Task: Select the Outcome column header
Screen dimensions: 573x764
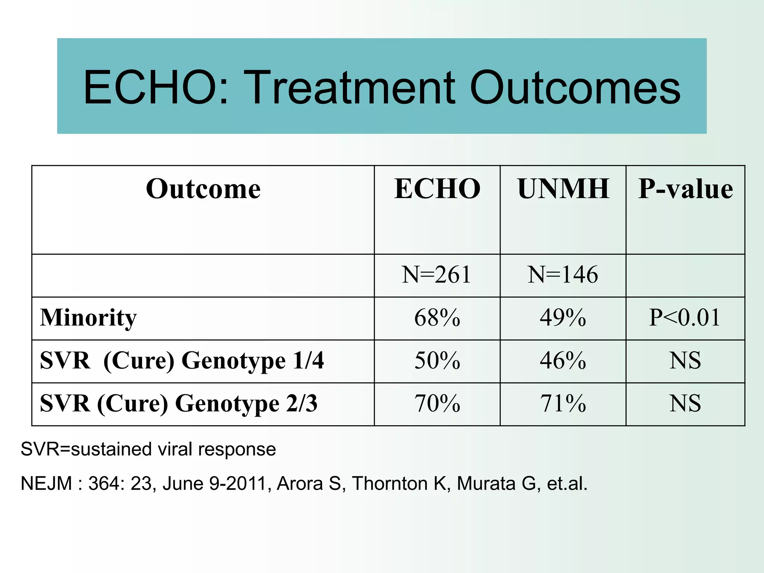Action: (x=203, y=189)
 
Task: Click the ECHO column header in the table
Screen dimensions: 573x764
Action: (x=437, y=189)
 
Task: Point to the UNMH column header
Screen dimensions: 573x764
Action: (x=563, y=189)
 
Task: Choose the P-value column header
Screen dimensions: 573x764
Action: (x=685, y=189)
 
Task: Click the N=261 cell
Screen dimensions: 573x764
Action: (x=436, y=275)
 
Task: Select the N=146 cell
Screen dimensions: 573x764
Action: (x=563, y=275)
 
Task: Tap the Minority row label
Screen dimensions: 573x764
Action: (x=88, y=318)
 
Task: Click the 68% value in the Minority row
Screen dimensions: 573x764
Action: (x=437, y=318)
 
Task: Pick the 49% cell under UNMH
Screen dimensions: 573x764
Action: (x=563, y=318)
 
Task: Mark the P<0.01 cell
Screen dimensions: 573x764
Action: (x=685, y=318)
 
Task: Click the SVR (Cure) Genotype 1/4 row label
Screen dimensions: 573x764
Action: (x=182, y=361)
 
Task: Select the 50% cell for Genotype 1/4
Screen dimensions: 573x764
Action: (x=437, y=361)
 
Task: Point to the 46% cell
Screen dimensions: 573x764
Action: (x=563, y=361)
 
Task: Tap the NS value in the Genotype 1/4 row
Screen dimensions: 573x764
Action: (x=685, y=361)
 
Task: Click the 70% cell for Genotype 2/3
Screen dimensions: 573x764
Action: (x=437, y=404)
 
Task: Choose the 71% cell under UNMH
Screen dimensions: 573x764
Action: (x=563, y=404)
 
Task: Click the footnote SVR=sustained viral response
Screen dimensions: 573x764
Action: (x=148, y=449)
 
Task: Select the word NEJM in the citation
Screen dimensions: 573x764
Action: (x=46, y=484)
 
